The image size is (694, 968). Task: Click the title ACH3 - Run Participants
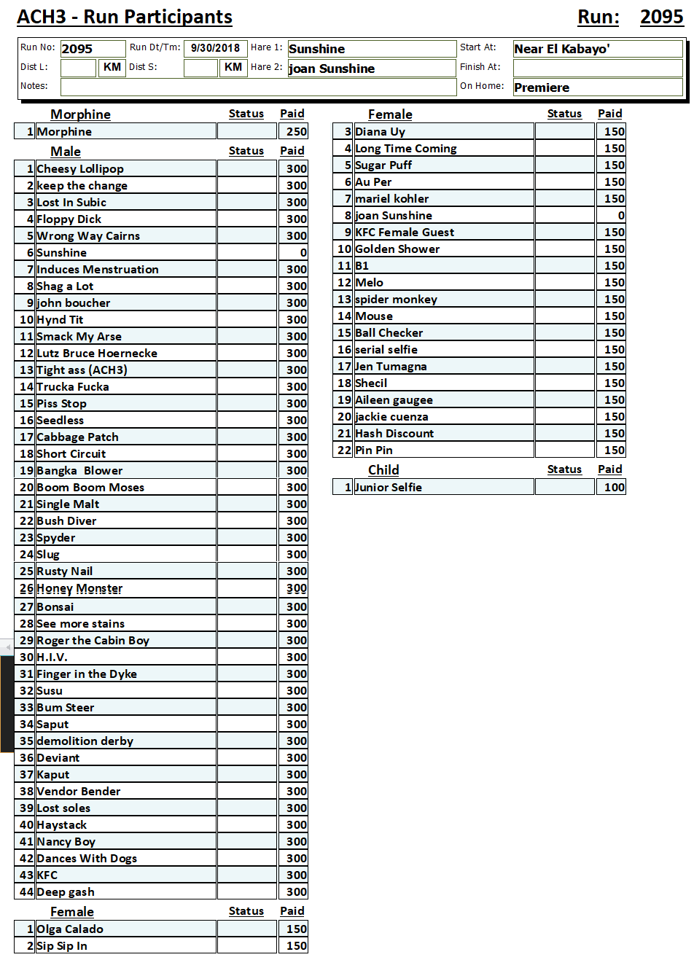click(125, 17)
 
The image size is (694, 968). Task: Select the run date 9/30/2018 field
click(215, 49)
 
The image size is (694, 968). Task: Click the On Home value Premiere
click(542, 87)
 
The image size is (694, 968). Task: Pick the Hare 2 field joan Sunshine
click(332, 69)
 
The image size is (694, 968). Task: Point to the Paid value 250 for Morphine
click(296, 132)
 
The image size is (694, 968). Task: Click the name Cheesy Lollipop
click(80, 169)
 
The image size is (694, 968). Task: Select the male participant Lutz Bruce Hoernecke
click(97, 354)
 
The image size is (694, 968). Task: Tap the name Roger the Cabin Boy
click(93, 641)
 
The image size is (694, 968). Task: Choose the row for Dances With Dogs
click(87, 859)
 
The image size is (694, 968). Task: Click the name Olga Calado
click(70, 929)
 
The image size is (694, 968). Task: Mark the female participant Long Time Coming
click(406, 149)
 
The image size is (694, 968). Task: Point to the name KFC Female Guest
click(405, 233)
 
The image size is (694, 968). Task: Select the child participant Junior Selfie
click(389, 488)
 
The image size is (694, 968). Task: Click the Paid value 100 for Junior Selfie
click(614, 488)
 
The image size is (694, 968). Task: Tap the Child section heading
click(383, 470)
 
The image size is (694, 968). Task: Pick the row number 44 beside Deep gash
click(26, 892)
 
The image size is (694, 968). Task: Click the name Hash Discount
click(394, 434)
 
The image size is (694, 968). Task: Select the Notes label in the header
click(34, 86)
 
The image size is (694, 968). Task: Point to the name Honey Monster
click(79, 589)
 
